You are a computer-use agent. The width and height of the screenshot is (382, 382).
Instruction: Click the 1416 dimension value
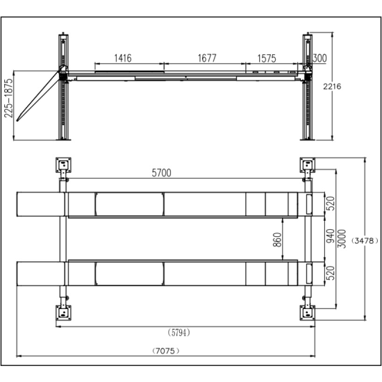pyautogui.click(x=123, y=58)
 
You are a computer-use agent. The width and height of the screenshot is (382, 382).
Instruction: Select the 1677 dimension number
pyautogui.click(x=207, y=58)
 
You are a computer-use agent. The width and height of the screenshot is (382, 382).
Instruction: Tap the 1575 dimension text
pyautogui.click(x=267, y=58)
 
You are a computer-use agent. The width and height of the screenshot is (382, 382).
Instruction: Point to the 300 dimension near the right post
pyautogui.click(x=319, y=58)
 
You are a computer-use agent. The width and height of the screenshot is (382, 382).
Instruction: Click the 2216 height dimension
pyautogui.click(x=332, y=87)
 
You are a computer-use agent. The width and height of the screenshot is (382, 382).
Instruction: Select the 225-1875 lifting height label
pyautogui.click(x=8, y=98)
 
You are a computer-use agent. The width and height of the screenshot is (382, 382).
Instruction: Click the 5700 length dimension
pyautogui.click(x=161, y=173)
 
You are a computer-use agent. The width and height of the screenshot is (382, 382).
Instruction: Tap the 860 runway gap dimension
pyautogui.click(x=277, y=240)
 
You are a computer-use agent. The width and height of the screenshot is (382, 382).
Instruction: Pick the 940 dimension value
pyautogui.click(x=331, y=236)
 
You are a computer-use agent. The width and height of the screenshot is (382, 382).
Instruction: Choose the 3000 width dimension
pyautogui.click(x=342, y=239)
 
